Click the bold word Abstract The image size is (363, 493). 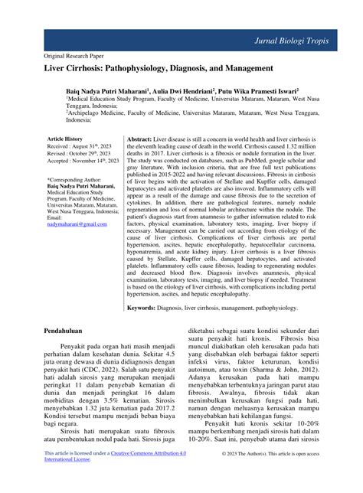(142, 139)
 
